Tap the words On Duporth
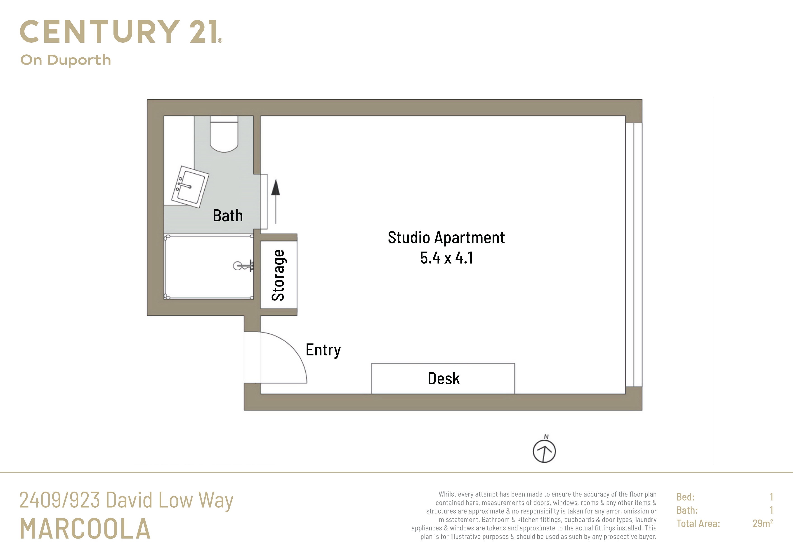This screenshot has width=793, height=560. (66, 60)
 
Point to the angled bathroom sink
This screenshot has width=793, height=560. (190, 187)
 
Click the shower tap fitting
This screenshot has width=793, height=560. (243, 266)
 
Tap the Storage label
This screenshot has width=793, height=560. (278, 275)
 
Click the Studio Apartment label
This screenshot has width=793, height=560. (446, 238)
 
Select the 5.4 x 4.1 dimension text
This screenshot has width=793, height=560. (446, 258)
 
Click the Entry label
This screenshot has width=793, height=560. (323, 350)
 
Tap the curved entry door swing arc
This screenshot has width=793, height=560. (294, 348)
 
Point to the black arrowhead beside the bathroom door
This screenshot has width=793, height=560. (276, 187)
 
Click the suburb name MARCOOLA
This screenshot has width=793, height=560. (85, 529)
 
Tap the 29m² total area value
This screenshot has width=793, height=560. (763, 523)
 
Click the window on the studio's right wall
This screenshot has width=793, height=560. (634, 254)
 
